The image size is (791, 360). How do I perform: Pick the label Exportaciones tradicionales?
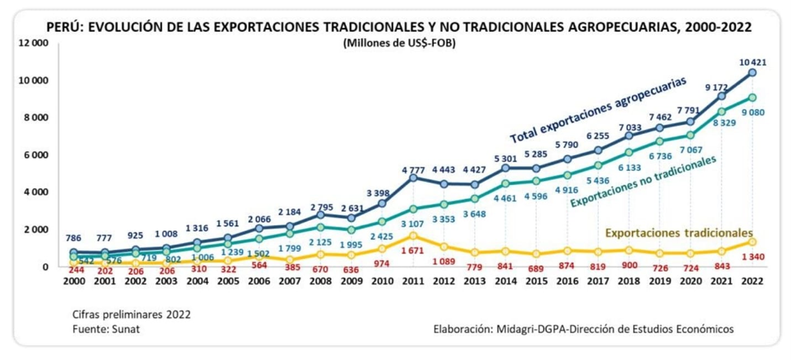click(x=679, y=232)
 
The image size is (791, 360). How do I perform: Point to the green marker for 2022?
click(x=752, y=98)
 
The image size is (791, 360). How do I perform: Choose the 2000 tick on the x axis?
click(x=74, y=280)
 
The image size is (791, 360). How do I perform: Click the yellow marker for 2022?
click(x=752, y=242)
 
